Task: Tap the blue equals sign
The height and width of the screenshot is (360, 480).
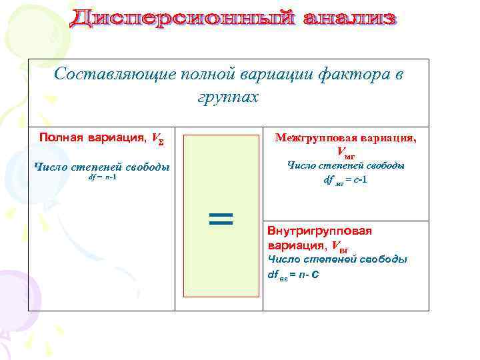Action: [x=221, y=219]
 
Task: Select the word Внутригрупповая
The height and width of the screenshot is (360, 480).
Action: [x=319, y=231]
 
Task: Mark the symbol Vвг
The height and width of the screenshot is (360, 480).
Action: [x=340, y=245]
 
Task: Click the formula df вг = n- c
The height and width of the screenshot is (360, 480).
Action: [x=294, y=273]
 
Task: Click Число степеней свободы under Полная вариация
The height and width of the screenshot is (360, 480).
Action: [x=101, y=167]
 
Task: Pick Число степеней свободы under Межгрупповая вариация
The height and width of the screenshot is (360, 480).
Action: [x=346, y=165]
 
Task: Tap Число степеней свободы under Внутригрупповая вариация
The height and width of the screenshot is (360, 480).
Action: [x=337, y=259]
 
